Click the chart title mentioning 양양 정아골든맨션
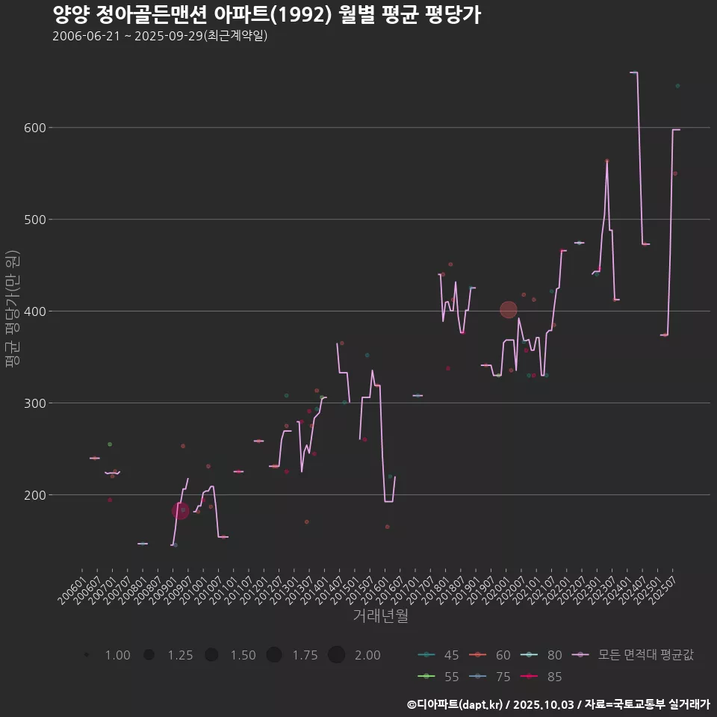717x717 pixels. point(267,14)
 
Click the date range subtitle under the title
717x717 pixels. point(160,36)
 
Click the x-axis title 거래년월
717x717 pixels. point(380,616)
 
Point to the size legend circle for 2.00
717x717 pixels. point(336,655)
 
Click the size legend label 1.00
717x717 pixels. point(117,655)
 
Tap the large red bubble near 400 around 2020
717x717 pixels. point(508,309)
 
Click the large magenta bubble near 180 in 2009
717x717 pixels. point(180,511)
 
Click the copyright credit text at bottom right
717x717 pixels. point(558,704)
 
